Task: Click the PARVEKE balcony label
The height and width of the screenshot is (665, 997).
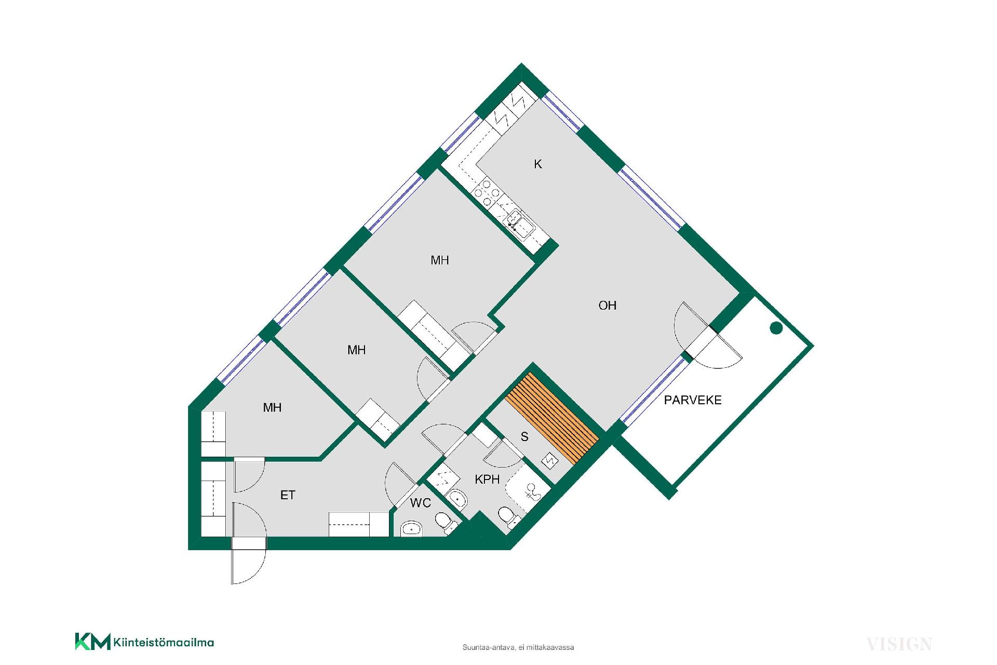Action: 693,400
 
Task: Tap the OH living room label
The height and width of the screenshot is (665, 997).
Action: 608,305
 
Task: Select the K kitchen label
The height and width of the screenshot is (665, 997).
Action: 538,164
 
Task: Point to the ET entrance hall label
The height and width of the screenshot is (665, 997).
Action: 288,495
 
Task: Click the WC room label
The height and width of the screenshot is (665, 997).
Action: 421,503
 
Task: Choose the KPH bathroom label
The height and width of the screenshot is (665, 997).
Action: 488,479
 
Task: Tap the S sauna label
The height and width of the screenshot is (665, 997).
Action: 524,437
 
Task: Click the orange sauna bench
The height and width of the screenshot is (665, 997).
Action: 552,419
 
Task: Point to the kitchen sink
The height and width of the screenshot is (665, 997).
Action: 518,220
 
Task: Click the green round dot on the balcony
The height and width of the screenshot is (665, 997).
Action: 776,328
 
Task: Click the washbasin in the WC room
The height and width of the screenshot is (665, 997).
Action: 412,529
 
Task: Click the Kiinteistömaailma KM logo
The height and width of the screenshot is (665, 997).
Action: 144,642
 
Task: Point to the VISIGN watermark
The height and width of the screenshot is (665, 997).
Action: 899,644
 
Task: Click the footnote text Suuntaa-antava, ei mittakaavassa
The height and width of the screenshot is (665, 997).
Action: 518,647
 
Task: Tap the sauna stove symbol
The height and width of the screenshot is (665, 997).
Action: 550,460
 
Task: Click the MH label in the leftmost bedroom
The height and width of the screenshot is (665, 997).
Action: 272,408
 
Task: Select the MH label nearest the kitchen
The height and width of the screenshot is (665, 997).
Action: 440,260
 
